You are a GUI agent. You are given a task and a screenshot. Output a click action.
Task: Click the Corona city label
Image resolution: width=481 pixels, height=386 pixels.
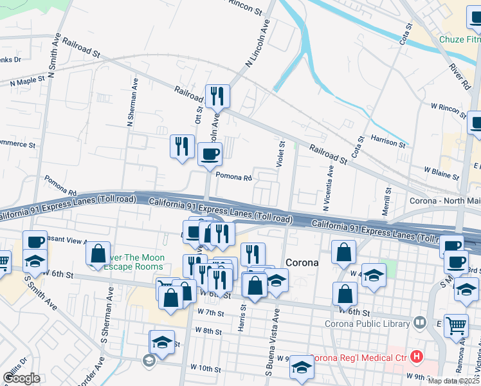[x=302, y=262]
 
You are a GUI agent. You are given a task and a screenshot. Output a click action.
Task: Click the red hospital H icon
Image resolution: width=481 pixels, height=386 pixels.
[x=417, y=355]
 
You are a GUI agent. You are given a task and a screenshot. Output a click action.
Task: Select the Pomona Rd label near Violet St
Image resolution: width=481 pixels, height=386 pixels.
[x=233, y=177]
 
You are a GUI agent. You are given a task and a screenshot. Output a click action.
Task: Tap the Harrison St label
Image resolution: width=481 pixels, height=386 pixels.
[x=388, y=143]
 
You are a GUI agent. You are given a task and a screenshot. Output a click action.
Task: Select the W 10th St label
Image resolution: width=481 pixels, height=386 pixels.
[x=205, y=369]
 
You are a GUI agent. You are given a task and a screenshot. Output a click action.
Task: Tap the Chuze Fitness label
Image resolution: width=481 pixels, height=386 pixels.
[x=459, y=39]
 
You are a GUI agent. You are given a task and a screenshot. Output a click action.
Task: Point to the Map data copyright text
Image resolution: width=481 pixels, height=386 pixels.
[x=454, y=381]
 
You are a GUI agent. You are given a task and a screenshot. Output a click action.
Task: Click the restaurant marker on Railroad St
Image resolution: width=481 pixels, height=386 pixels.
[x=217, y=96]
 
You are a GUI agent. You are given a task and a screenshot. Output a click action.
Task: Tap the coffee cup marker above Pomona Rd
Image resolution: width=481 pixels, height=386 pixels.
[x=210, y=154]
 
